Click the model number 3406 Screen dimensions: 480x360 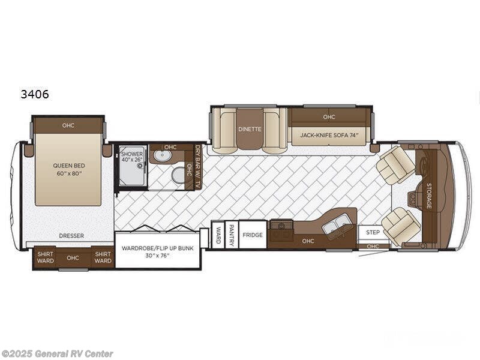(35, 94)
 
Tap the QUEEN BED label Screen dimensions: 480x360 (69, 166)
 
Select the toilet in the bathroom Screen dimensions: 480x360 (178, 175)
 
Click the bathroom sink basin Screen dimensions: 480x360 (160, 156)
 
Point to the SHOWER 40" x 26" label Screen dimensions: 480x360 (132, 157)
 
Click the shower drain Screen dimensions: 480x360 (140, 166)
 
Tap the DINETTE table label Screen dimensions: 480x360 (250, 129)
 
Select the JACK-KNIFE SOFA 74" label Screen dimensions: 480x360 (329, 135)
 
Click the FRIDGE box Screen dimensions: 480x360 (253, 235)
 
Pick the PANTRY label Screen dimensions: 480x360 (232, 235)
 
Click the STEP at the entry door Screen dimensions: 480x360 (373, 232)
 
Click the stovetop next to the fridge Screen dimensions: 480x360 (281, 230)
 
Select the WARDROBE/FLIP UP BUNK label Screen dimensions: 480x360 (158, 248)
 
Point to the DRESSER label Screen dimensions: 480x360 (71, 236)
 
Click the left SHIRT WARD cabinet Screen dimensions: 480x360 (46, 257)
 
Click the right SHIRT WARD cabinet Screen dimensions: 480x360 (103, 257)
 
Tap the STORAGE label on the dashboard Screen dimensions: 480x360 (429, 196)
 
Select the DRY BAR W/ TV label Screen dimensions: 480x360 (198, 166)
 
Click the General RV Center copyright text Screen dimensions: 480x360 (57, 354)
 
